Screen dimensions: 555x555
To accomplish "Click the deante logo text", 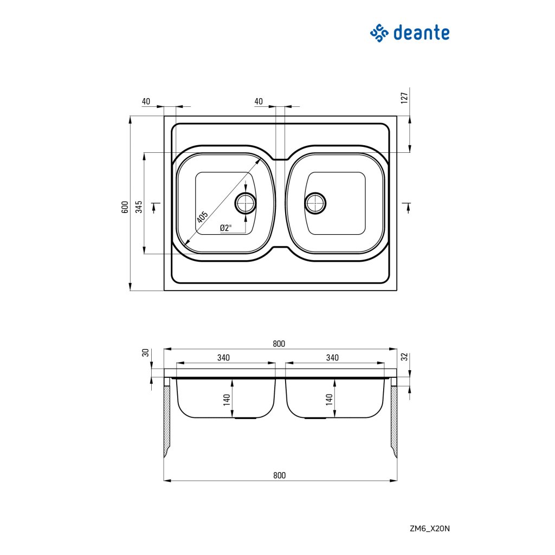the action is pos(421,33).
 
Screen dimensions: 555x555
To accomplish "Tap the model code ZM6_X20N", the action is pos(429,528).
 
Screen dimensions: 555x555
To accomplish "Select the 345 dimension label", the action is pos(139,206).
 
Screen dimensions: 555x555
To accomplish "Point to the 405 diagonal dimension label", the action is pos(202,217).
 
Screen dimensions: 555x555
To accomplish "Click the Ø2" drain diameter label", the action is pos(225,228).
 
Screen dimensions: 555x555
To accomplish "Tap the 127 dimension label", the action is pos(404,98).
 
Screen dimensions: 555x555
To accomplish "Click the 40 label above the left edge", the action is pos(145,101).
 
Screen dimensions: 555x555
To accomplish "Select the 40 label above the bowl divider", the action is pos(259,101).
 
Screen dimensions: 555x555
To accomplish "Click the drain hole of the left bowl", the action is pos(246,203).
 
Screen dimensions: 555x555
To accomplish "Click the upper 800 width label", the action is pos(279,344).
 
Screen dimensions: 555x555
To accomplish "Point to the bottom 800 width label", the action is pos(279,475).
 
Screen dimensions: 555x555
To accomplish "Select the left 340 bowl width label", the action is pos(223,358).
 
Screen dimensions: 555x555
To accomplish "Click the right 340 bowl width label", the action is pos(332,358).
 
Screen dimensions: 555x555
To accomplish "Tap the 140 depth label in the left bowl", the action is pos(227,400).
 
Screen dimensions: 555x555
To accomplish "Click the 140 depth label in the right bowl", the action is pos(328,400).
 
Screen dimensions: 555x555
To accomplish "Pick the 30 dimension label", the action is pos(145,353).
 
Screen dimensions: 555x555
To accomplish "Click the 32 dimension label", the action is pos(404,357).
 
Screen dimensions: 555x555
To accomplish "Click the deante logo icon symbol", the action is pos(380,33).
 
